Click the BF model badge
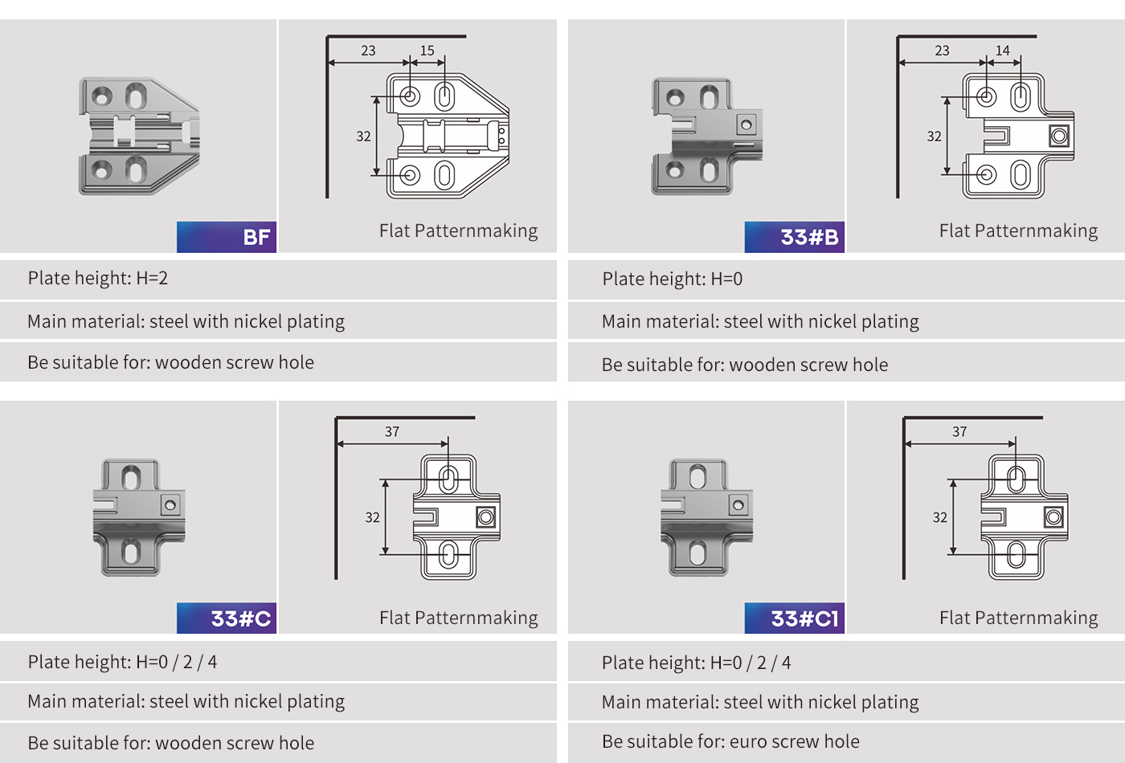[x=227, y=237]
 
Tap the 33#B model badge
[x=795, y=237]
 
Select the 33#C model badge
[x=227, y=618]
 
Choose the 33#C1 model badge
[x=795, y=618]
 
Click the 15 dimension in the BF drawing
[x=427, y=50]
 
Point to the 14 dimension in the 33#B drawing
[x=1003, y=50]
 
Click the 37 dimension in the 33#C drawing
[x=392, y=431]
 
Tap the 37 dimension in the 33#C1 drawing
[x=959, y=431]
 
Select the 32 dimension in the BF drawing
[x=363, y=136]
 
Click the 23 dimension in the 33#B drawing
[x=942, y=50]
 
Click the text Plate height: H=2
[x=98, y=278]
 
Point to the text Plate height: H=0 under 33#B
[x=673, y=279]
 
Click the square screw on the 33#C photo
[x=170, y=505]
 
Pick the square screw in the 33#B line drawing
[x=1059, y=136]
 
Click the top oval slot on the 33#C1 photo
[x=697, y=477]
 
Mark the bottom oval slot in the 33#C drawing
[x=448, y=555]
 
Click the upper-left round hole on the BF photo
[x=102, y=96]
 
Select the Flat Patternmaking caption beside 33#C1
[x=1019, y=618]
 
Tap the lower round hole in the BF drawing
[x=410, y=175]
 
